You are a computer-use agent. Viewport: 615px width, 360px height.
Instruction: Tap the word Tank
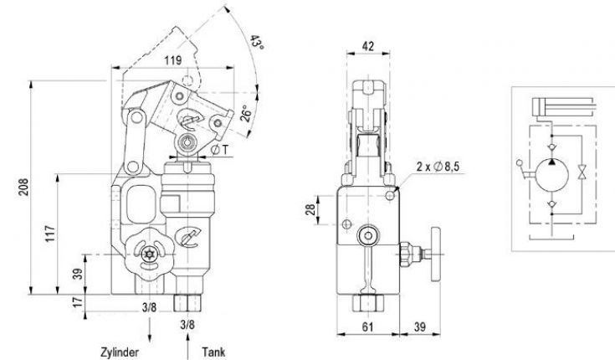pyautogui.click(x=213, y=344)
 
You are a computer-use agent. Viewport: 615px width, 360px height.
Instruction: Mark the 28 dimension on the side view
pyautogui.click(x=310, y=209)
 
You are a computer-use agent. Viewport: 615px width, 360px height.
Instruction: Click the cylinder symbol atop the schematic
pyautogui.click(x=561, y=106)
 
